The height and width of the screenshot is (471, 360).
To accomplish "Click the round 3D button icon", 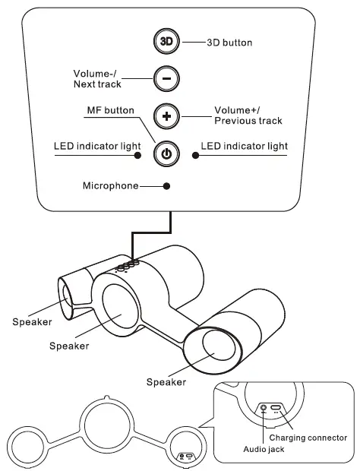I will tap(166, 42).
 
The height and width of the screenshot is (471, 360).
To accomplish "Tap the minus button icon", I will tap(166, 78).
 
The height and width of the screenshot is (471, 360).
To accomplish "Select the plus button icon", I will tap(166, 116).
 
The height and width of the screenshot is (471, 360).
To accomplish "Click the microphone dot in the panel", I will tap(166, 185).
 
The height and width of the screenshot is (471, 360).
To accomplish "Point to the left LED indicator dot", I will tap(138, 154).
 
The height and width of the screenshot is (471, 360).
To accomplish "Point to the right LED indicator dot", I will tap(195, 154).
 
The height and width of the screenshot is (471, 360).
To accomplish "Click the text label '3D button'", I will tap(229, 43).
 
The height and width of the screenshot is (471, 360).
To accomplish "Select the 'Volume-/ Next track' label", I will tap(96, 78).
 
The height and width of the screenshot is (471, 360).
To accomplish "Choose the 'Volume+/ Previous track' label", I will tap(248, 115).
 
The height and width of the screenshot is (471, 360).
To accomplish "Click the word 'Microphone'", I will tap(110, 185).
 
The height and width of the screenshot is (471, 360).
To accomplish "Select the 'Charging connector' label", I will tap(308, 438).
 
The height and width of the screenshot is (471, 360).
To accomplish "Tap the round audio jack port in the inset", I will tap(264, 408).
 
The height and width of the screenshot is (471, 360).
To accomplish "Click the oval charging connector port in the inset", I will tap(278, 408).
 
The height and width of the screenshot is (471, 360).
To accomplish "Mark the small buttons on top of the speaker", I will tap(127, 265).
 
